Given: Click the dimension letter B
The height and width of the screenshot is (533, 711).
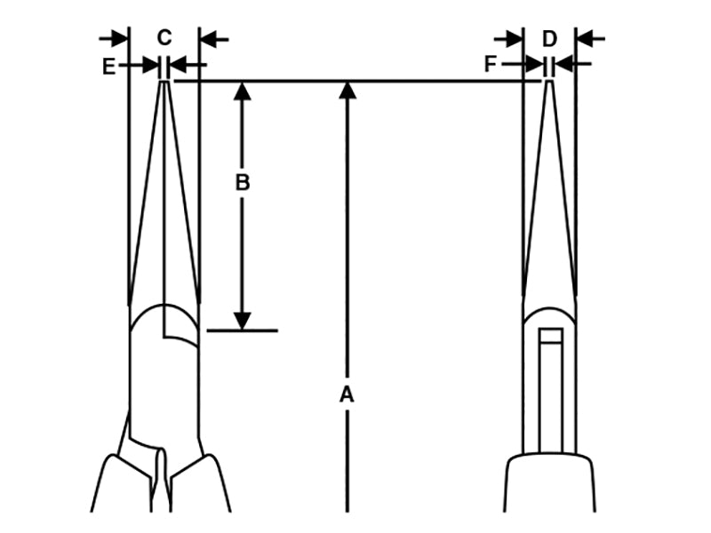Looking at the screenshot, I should (242, 183).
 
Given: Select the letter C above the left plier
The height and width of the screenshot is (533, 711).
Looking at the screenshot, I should (164, 37).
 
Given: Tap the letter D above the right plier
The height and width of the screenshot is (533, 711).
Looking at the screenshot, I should (549, 38).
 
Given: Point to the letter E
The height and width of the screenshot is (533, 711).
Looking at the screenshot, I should (108, 66).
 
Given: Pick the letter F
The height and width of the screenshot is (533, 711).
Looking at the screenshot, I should (491, 64).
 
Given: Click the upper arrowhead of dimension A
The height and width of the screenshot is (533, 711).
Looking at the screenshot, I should (348, 88).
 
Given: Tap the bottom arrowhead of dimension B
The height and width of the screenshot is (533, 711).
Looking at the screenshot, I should (242, 322).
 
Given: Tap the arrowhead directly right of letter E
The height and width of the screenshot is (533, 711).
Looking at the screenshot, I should (151, 66).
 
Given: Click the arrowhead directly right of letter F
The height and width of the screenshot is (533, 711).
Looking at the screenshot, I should (536, 64).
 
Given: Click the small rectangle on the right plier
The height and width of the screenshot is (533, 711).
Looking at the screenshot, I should (551, 336).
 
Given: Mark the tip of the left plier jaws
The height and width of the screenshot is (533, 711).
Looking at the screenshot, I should (164, 82).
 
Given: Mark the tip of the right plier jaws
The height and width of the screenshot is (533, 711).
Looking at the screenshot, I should (549, 82).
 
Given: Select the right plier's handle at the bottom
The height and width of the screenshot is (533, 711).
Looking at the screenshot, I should (549, 484).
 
